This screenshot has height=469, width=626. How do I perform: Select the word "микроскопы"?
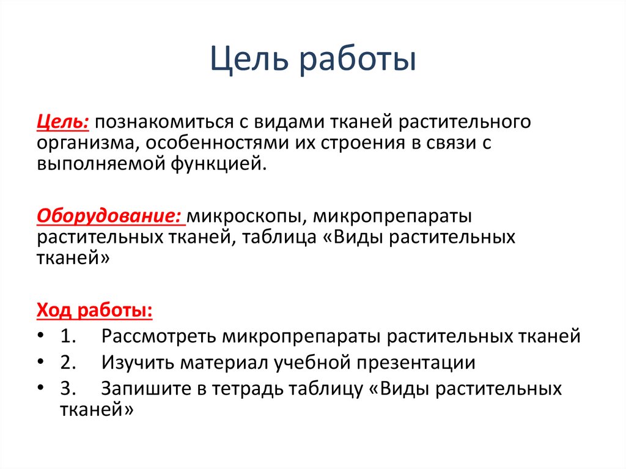tap(244, 216)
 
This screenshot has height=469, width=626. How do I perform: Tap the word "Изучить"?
tap(138, 363)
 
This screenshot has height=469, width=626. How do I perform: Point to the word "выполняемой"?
tap(94, 164)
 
